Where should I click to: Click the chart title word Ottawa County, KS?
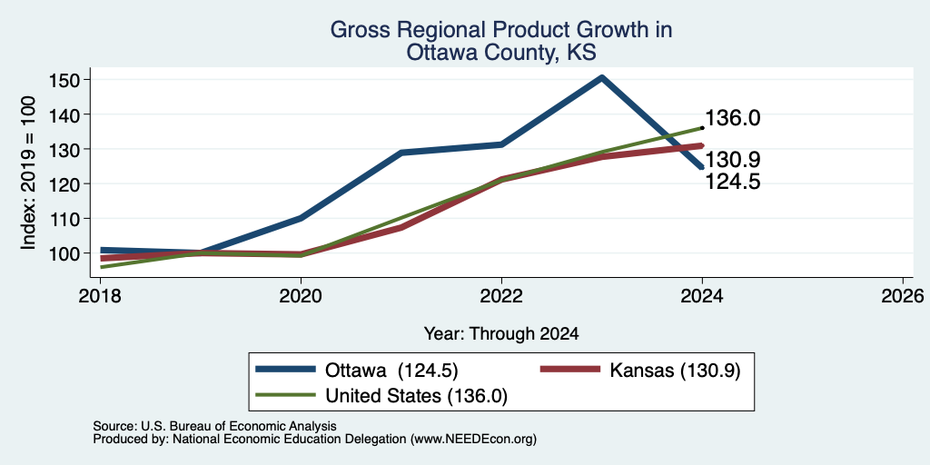501,52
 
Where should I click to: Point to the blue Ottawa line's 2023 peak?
602,77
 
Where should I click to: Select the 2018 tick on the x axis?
100,295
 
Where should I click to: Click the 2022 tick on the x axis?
501,295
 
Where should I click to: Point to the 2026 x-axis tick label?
904,295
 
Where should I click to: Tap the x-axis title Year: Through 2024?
501,334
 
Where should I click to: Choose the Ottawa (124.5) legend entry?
356,371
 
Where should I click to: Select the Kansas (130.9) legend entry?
640,371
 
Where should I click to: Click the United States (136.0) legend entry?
381,396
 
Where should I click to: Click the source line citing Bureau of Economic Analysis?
214,426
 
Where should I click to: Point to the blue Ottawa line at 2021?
401,153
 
